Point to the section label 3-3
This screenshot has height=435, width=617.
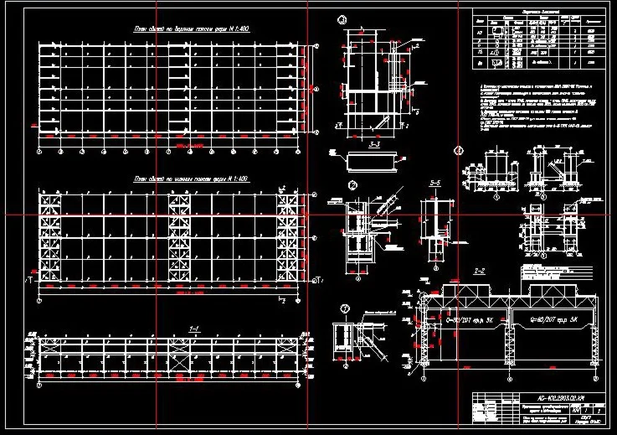(x=376, y=143)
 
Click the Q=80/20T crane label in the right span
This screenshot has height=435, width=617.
(x=549, y=318)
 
